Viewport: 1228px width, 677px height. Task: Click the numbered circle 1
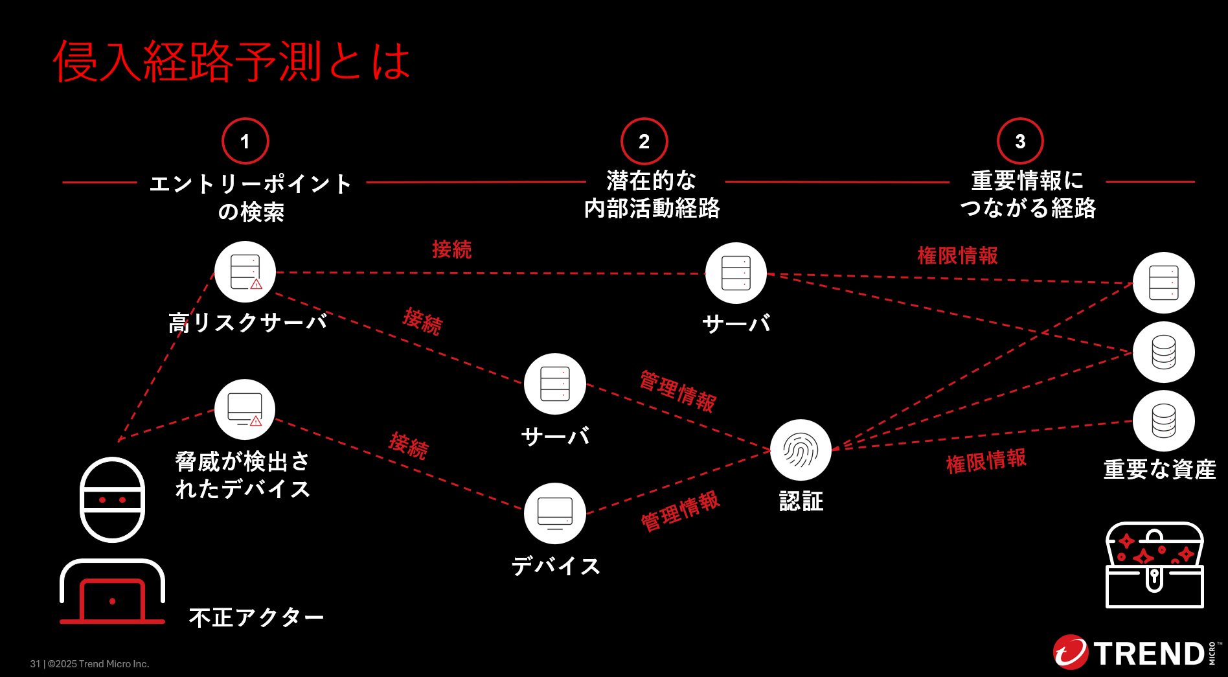click(245, 141)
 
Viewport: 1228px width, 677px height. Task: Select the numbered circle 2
click(644, 141)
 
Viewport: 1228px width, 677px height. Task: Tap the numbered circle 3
click(1020, 141)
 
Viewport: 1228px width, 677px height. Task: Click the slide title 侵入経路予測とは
click(231, 62)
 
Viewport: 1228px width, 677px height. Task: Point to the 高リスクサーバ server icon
click(245, 272)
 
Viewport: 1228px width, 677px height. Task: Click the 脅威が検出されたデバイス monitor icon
click(245, 409)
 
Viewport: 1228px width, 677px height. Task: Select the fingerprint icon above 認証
click(801, 450)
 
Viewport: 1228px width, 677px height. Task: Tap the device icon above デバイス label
click(554, 513)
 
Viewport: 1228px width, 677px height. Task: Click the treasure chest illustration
click(1154, 565)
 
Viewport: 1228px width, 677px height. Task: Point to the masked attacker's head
click(112, 499)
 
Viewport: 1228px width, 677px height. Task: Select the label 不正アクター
click(256, 617)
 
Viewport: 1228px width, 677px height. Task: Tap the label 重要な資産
click(1159, 469)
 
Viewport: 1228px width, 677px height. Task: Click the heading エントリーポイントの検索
click(251, 197)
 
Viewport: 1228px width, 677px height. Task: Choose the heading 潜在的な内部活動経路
click(652, 194)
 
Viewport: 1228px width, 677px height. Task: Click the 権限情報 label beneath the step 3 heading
click(957, 256)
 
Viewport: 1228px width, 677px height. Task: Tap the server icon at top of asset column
click(1163, 283)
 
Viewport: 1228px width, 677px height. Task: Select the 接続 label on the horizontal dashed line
click(451, 249)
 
